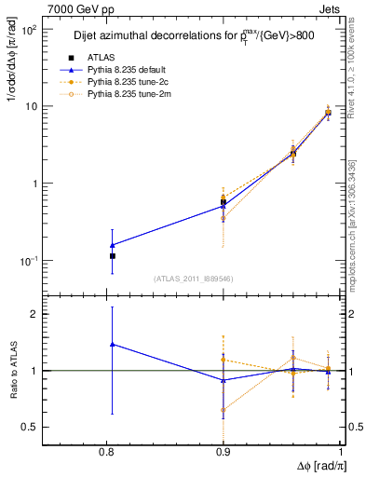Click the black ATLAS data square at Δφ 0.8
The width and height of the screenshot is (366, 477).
coord(113,255)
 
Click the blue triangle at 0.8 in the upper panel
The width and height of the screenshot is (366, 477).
coord(113,245)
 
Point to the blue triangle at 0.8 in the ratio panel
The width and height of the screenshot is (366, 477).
coord(113,344)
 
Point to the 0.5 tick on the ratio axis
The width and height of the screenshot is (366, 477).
coord(55,427)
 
